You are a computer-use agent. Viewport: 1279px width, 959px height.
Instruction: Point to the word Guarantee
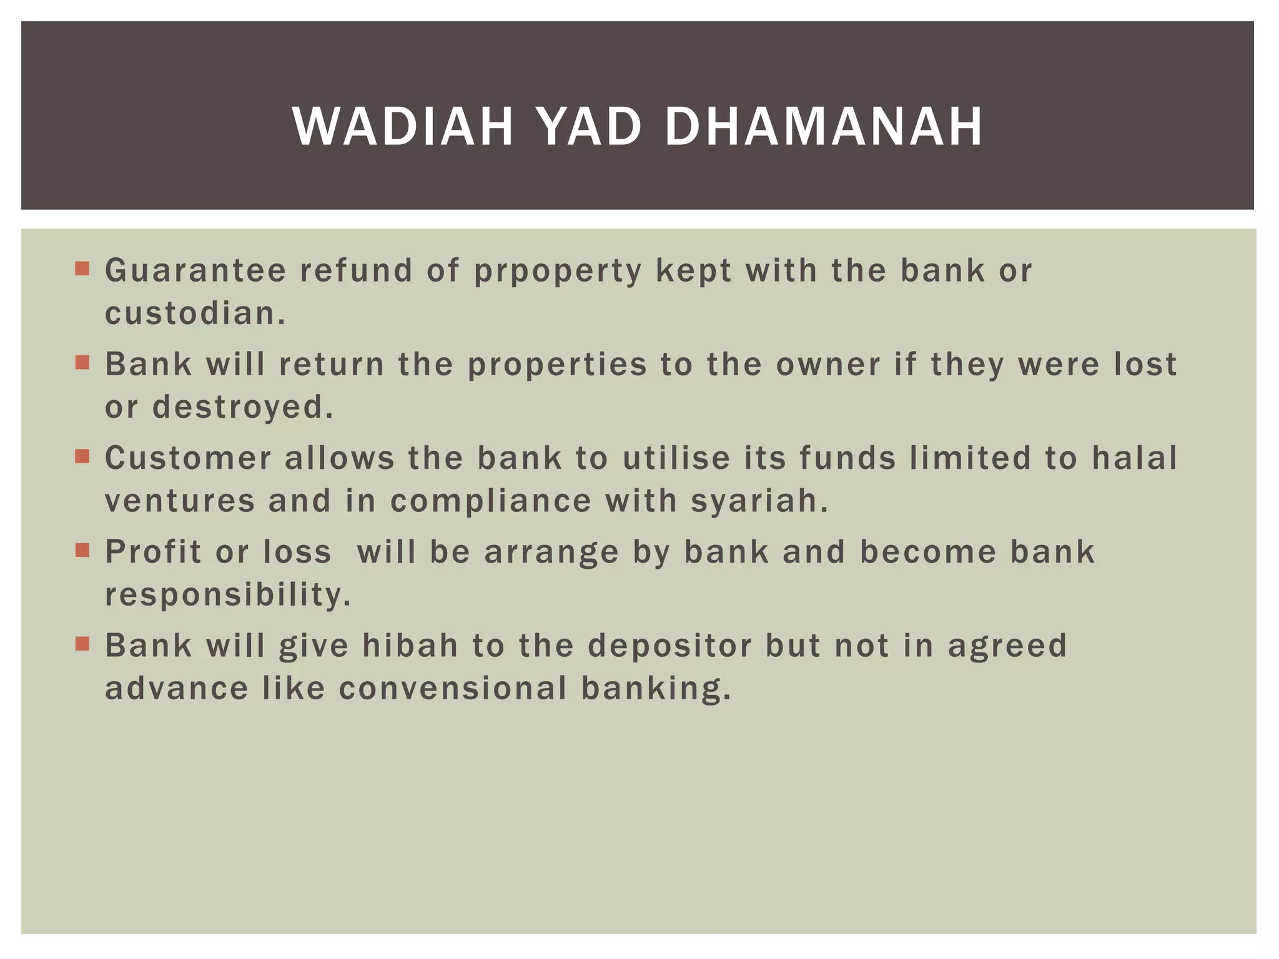click(x=195, y=270)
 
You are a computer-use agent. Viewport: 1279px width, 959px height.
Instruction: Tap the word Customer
click(x=188, y=458)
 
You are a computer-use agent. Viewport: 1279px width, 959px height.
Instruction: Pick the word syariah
click(x=759, y=501)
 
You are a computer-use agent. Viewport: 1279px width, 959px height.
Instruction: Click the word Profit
click(x=153, y=552)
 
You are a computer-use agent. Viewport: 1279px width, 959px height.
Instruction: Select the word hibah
click(x=410, y=646)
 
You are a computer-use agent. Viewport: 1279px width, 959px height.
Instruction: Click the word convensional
click(x=453, y=688)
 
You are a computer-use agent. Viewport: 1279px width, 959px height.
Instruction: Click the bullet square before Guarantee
click(x=82, y=269)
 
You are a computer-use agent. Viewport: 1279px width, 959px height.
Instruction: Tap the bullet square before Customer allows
click(x=82, y=456)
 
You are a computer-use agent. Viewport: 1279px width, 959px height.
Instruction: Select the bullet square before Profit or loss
click(x=82, y=550)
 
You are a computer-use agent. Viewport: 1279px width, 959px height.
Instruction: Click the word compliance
click(x=491, y=501)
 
